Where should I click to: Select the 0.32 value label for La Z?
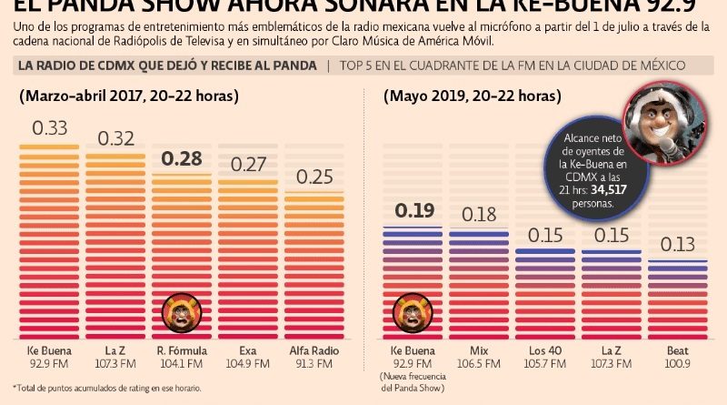pyautogui.click(x=116, y=138)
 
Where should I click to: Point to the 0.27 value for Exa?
pyautogui.click(x=248, y=165)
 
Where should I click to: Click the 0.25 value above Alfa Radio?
pyautogui.click(x=314, y=176)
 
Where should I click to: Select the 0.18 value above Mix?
pyautogui.click(x=480, y=215)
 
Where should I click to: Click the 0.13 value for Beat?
pyautogui.click(x=677, y=244)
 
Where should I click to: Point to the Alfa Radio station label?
pyautogui.click(x=314, y=350)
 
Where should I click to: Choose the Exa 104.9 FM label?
pyautogui.click(x=248, y=357)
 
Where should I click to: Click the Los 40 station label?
pyautogui.click(x=546, y=350)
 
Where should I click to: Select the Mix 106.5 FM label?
pyautogui.click(x=479, y=357)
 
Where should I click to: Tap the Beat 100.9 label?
pyautogui.click(x=677, y=357)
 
